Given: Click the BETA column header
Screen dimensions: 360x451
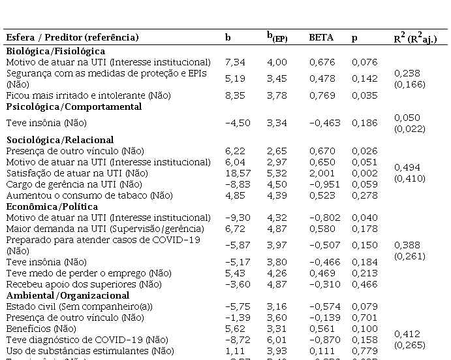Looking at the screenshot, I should [320, 38].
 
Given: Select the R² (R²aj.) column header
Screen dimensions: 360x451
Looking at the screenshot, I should [414, 38].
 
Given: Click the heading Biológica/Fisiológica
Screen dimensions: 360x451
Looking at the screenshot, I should [55, 51].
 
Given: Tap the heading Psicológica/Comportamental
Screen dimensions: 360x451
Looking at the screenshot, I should [74, 106].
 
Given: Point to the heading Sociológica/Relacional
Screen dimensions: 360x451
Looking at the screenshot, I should [60, 140].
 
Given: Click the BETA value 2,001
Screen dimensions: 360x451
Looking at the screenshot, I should [320, 173].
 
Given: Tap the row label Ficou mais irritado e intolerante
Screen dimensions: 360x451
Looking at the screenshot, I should [88, 95].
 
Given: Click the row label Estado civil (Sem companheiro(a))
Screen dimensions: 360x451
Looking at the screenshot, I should [75, 306].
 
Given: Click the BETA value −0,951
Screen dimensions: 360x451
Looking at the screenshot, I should [320, 184].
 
